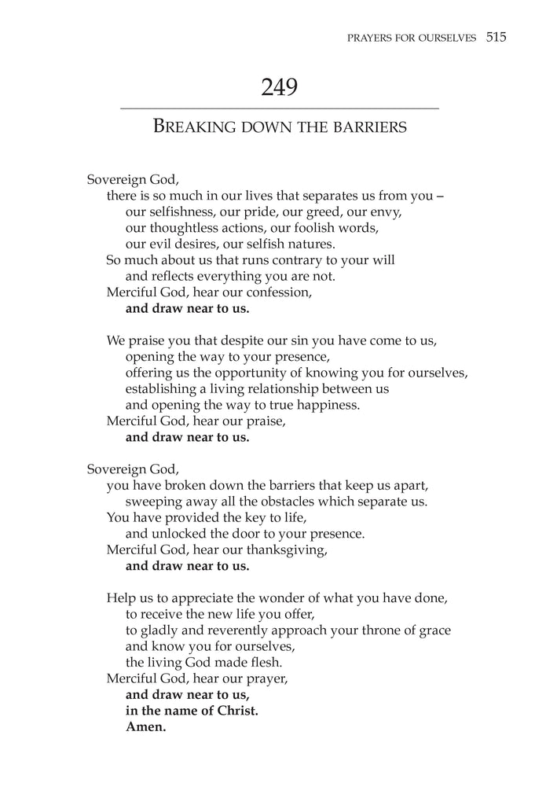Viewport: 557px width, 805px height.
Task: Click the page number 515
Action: [x=497, y=37]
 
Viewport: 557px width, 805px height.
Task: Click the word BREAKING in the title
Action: [x=193, y=126]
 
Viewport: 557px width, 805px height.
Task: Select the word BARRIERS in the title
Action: [x=369, y=126]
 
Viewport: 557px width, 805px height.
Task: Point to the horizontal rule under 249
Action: [x=279, y=108]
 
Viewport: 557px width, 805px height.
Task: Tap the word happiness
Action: [x=325, y=405]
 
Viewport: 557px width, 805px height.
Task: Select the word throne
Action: [x=376, y=630]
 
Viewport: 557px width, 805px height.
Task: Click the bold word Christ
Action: [x=236, y=711]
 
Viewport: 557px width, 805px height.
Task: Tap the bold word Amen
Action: [x=146, y=727]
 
